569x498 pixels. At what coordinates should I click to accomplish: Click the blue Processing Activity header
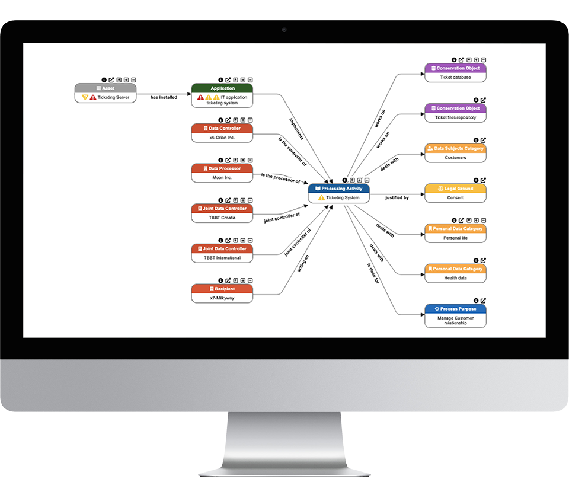point(338,189)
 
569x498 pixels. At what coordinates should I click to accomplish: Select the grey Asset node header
point(106,88)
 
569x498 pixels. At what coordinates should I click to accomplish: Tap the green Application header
point(222,88)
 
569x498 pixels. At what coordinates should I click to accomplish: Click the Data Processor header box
point(222,168)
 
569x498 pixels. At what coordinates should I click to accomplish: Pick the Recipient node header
point(222,289)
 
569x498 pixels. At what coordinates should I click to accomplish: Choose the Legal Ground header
point(455,189)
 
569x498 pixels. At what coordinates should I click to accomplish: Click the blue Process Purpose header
point(455,309)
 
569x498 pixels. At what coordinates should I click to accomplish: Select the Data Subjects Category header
point(455,148)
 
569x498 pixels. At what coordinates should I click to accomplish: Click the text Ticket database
point(455,77)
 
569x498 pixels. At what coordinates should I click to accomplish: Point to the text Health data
point(455,277)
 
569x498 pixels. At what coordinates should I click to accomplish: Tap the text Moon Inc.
point(222,177)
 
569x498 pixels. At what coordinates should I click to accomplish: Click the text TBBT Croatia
point(222,218)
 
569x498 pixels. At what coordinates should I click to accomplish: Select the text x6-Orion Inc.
point(222,138)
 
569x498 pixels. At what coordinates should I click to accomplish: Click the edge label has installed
point(164,97)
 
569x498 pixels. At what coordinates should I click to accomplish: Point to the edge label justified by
point(397,197)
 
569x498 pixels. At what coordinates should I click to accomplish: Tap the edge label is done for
point(373,273)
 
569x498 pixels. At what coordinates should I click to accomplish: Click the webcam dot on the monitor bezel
point(284,30)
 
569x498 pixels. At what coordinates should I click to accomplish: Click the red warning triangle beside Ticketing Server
point(93,97)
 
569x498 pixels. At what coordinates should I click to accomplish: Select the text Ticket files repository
point(455,117)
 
